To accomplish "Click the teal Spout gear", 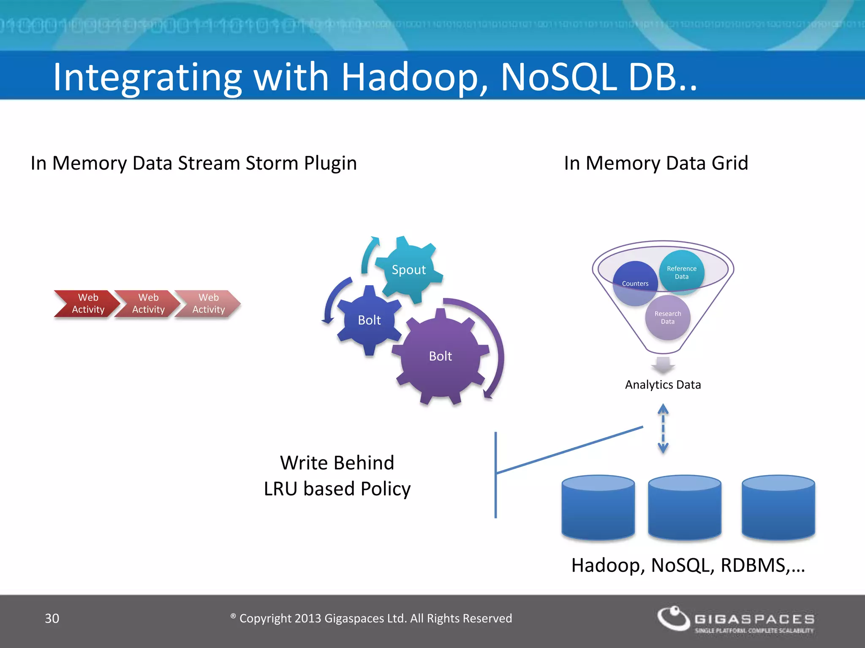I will click(408, 270).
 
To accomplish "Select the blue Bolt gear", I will click(369, 320).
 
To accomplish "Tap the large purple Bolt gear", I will click(440, 356).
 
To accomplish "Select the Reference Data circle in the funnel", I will click(681, 273).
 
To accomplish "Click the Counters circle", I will click(635, 283).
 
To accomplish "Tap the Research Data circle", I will click(667, 318).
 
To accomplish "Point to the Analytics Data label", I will click(663, 385).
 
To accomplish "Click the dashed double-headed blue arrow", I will click(663, 429).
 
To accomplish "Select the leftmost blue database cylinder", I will click(598, 508).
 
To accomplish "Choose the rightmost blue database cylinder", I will click(778, 508).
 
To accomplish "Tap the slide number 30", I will click(52, 618).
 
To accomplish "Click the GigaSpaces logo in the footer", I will click(735, 620).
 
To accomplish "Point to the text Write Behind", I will click(337, 463).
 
